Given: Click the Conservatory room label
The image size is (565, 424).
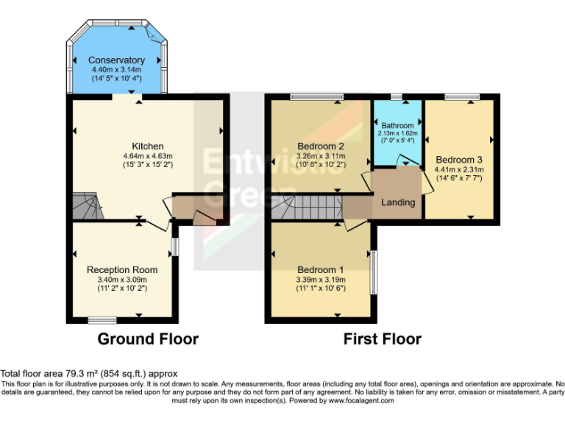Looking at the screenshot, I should coord(116,60).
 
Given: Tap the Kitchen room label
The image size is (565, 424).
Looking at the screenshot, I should coord(147,146).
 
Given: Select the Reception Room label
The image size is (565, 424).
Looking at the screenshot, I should coord(122,269).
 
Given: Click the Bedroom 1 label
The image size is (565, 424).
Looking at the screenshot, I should coord(321,269).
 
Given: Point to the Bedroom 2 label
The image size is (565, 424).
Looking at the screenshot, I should coord(321,146).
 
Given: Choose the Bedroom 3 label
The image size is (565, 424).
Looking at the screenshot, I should coord(459,159).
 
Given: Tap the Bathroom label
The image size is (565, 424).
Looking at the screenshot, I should coord(397,126).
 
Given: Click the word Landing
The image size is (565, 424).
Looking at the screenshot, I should coord(398,202).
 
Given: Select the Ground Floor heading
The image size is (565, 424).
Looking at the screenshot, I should coord(148,339).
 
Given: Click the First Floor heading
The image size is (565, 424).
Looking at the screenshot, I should coord(383,339).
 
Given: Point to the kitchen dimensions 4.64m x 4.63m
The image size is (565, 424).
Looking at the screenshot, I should coord(147,156).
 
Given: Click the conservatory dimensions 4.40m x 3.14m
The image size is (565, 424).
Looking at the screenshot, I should coord(116,69).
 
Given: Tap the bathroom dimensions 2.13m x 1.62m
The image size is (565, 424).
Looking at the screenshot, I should coord(397,133).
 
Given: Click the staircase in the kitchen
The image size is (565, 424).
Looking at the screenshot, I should coord(86,205).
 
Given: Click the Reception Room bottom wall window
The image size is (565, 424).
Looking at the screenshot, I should coord(102,319).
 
